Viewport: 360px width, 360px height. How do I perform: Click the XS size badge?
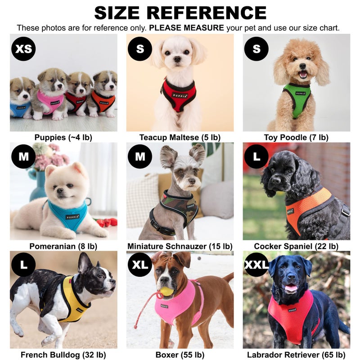point(23,49)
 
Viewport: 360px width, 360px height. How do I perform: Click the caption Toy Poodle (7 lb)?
point(296,137)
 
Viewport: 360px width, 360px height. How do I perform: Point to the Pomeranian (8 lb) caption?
point(63,246)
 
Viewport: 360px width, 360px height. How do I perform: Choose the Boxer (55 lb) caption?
point(180,355)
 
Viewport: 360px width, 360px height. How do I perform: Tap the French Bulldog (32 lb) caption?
point(63,355)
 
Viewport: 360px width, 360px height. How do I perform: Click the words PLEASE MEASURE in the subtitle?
point(186,28)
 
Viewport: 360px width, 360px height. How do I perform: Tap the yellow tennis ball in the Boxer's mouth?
point(166,291)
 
